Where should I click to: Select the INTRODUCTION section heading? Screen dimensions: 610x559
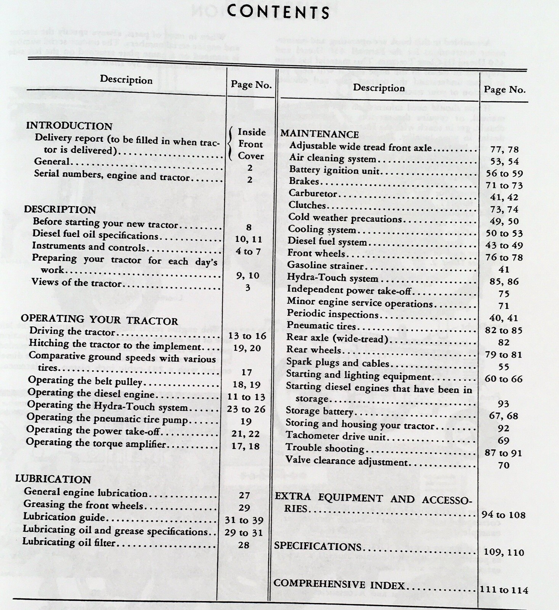(x=69, y=126)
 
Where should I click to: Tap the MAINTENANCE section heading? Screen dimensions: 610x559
(x=320, y=134)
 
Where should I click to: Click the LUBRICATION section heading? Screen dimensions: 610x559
(x=53, y=479)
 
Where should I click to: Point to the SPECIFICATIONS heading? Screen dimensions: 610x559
(x=317, y=546)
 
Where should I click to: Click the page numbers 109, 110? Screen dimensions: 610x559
(x=504, y=552)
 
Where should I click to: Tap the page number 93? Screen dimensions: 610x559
(x=503, y=404)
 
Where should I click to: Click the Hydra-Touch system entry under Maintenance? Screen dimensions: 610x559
(x=333, y=278)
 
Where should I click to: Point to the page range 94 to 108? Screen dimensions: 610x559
(x=503, y=515)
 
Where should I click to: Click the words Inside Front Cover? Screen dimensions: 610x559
(x=251, y=144)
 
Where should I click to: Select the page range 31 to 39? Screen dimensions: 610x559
(x=244, y=520)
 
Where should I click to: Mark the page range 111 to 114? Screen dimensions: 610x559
(x=504, y=590)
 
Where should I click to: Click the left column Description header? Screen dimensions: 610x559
(x=126, y=80)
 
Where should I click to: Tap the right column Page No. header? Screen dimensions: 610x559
(x=504, y=90)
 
